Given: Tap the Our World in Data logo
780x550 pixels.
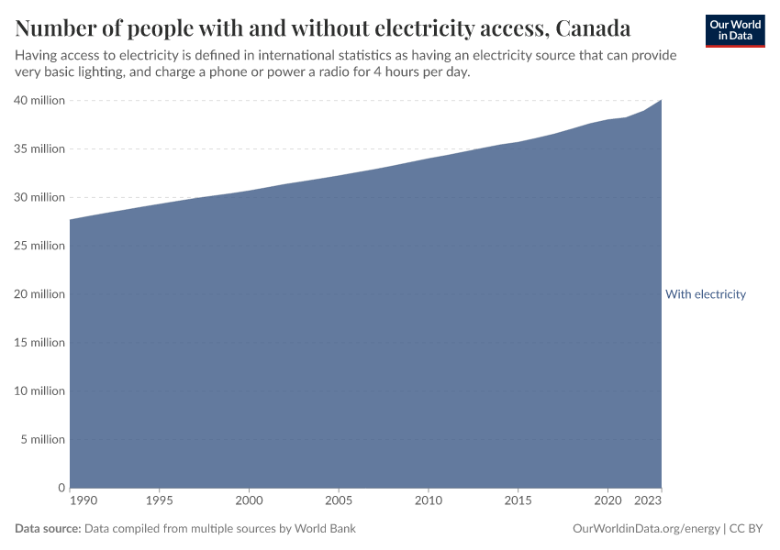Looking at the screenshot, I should pos(735,30).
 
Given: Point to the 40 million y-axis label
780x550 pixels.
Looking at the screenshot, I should pos(39,100).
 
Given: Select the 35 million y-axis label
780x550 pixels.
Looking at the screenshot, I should pos(39,148).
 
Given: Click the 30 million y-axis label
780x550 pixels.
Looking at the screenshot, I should pos(39,197).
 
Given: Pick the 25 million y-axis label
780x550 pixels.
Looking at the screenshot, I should pos(39,246).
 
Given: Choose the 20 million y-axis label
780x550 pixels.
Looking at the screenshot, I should pos(39,294).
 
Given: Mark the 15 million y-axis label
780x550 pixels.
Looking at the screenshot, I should pos(39,343).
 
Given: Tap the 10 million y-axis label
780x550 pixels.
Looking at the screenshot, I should pos(39,391).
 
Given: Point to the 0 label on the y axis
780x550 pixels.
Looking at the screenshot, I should pos(61,488).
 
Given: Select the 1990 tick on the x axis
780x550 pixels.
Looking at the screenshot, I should pos(83,501).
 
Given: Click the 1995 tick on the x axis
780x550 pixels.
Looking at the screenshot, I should pos(160,501).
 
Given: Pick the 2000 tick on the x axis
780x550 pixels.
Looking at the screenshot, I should pos(249,501).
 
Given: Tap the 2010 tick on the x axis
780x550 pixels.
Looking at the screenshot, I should pos(428,501).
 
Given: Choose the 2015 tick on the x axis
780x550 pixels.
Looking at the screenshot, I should pos(518,501).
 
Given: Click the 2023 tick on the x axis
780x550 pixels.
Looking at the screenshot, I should pos(648,501).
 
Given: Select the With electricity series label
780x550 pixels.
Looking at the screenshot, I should pos(706,294).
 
